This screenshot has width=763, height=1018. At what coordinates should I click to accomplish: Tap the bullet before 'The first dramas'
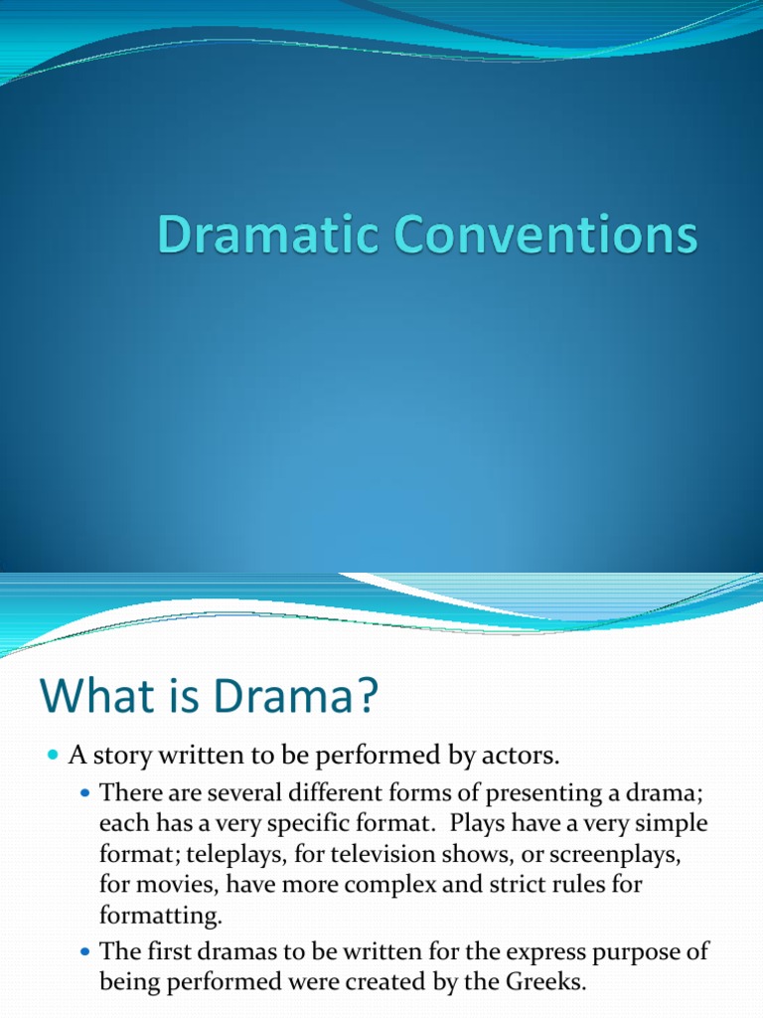[x=83, y=951]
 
